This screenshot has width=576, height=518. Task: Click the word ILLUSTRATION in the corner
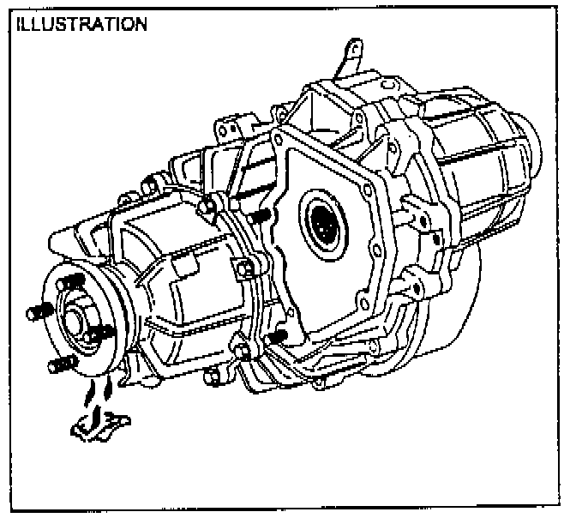click(x=79, y=23)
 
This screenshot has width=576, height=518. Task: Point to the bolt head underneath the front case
click(x=211, y=376)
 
